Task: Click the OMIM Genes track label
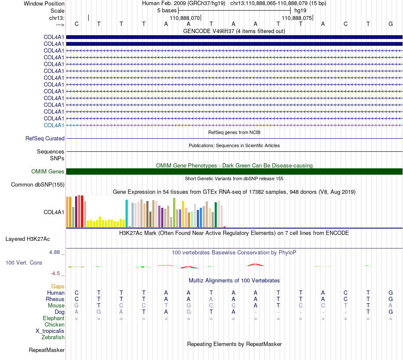[x=48, y=171]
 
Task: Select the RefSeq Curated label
[x=45, y=138]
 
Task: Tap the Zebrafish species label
[x=53, y=337]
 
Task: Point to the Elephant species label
[x=53, y=318]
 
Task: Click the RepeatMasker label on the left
[x=47, y=350]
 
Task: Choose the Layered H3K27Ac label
[x=28, y=239]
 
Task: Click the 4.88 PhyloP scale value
[x=54, y=252]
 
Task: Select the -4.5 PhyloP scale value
[x=55, y=273]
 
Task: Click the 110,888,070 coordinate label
[x=185, y=18]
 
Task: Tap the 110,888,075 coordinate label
[x=297, y=18]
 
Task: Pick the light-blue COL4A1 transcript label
[x=54, y=125]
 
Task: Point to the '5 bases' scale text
[x=167, y=11]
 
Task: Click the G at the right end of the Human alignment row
[x=391, y=293]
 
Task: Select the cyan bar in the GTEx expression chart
[x=126, y=214]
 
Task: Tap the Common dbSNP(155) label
[x=38, y=184]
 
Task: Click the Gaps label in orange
[x=58, y=286]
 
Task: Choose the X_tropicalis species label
[x=50, y=331]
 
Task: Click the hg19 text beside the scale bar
[x=300, y=11]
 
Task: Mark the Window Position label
[x=44, y=3]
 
